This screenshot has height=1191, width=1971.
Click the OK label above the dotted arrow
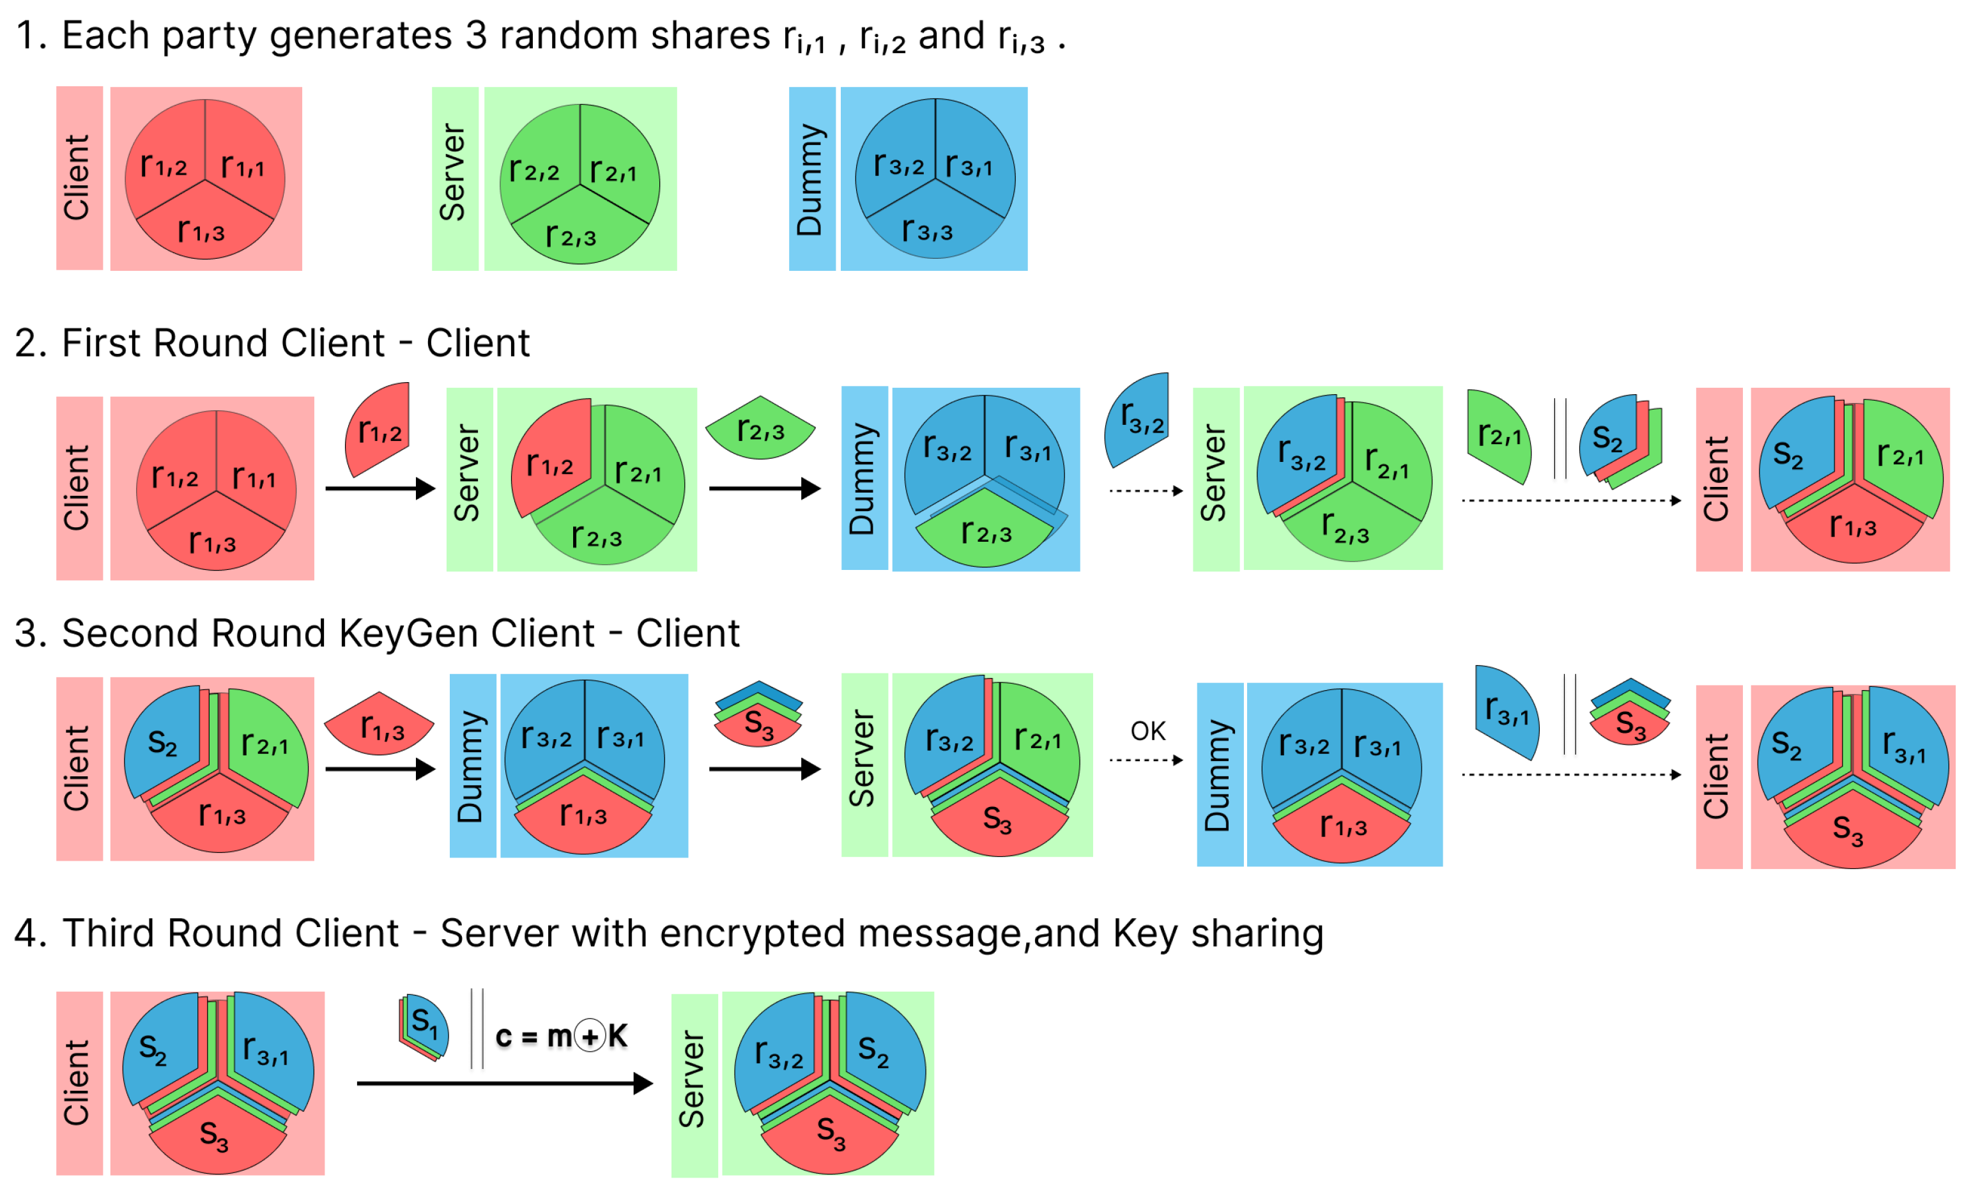point(1148,731)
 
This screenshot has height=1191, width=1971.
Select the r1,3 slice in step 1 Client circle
point(202,231)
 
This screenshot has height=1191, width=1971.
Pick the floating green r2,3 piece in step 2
point(760,429)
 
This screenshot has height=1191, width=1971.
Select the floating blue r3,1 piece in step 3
point(1507,711)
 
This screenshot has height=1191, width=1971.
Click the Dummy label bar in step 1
point(812,179)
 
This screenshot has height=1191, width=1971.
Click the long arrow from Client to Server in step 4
point(504,1084)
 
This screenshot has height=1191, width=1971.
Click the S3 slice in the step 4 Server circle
point(831,1132)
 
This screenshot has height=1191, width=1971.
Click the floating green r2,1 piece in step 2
point(1498,435)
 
